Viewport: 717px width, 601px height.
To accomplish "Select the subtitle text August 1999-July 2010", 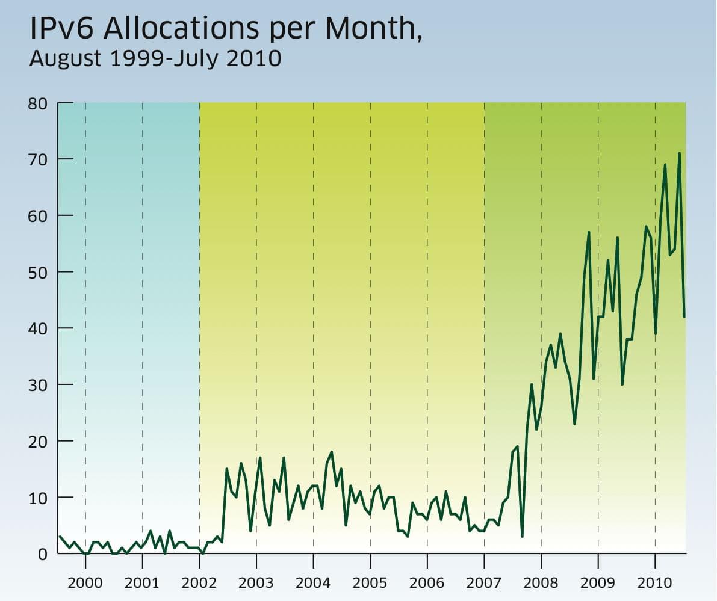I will [x=155, y=59].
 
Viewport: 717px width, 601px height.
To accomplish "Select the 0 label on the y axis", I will [x=42, y=554].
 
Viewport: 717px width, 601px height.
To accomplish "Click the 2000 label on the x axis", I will [x=85, y=582].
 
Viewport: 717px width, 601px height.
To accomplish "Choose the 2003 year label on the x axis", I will [x=256, y=582].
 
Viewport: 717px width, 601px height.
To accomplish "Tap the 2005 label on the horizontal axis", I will [x=370, y=582].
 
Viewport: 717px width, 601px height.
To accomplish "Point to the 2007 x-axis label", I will [x=484, y=582].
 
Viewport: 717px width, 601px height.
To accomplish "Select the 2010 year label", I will [x=655, y=582].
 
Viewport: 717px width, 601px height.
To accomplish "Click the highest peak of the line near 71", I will [x=679, y=153].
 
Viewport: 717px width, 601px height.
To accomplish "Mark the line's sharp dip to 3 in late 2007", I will [x=522, y=537].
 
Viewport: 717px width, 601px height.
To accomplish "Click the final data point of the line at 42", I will [x=684, y=316].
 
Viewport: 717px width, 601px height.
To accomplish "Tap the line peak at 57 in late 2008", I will [x=589, y=232].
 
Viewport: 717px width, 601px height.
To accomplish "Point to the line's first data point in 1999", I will [x=59, y=537].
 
